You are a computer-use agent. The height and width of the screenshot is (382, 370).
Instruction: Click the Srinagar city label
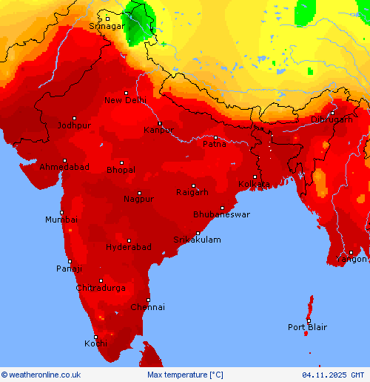click(x=107, y=26)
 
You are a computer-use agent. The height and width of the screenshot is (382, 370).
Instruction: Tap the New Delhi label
click(x=125, y=100)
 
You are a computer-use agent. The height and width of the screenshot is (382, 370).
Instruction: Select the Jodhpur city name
click(x=74, y=125)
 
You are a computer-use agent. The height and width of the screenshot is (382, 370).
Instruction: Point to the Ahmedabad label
click(x=64, y=168)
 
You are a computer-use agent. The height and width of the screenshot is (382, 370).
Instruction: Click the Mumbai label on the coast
click(x=61, y=220)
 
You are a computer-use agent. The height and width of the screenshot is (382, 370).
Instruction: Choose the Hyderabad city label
click(x=128, y=247)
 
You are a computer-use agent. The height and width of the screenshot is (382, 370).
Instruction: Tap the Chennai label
click(x=148, y=307)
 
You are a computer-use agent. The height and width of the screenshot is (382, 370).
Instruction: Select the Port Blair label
click(x=307, y=327)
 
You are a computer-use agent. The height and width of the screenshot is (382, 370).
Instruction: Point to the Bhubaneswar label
click(x=221, y=214)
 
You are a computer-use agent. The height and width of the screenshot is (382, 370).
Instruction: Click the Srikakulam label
click(x=197, y=240)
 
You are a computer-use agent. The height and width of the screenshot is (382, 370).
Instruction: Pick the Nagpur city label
click(x=138, y=199)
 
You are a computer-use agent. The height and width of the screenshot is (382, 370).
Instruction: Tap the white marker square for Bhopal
click(x=122, y=162)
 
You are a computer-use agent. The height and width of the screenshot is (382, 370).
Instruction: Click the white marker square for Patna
click(x=215, y=137)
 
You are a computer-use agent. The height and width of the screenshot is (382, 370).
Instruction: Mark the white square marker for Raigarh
click(x=194, y=186)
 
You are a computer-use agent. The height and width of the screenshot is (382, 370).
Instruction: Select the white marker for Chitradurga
click(x=101, y=280)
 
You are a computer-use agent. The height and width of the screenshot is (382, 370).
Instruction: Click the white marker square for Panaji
click(x=70, y=261)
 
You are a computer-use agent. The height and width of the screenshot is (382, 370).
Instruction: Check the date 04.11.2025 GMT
click(x=333, y=375)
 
